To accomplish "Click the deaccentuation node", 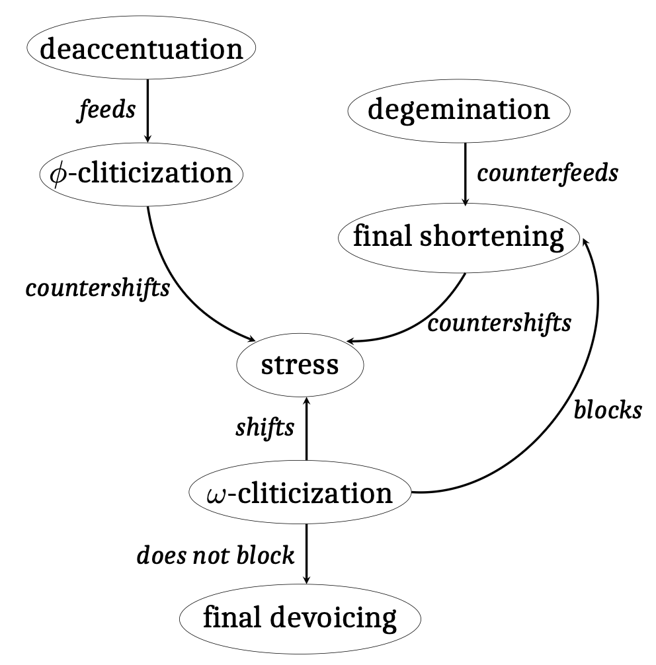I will click(141, 50).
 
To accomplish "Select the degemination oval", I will click(458, 109).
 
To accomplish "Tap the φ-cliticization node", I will click(141, 174).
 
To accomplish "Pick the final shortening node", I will click(458, 237).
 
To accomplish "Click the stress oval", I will click(300, 365).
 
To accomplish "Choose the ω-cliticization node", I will click(300, 492).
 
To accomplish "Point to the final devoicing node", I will click(300, 618).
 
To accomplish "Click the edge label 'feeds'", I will click(106, 110).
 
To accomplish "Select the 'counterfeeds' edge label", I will click(548, 173).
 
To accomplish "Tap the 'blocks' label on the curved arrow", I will click(607, 411).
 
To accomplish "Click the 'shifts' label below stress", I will click(265, 428).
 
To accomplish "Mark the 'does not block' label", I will click(215, 555).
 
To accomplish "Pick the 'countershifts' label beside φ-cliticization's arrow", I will click(97, 289).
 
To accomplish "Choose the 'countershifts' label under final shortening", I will click(499, 323).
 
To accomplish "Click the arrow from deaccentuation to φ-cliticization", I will click(147, 110).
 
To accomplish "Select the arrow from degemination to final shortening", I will click(465, 173).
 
